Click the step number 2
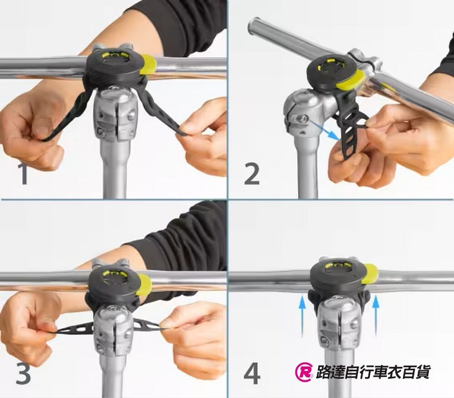[x=252, y=174]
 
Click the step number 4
[x=252, y=374]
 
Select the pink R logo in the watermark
[x=304, y=372]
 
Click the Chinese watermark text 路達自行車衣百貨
[x=372, y=372]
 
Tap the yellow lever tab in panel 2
[x=350, y=80]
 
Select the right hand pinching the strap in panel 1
[x=202, y=133]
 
